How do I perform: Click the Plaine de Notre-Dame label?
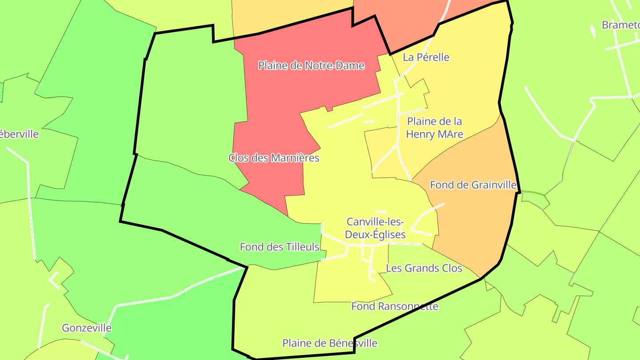coord(311,66)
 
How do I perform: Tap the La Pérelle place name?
coord(426,57)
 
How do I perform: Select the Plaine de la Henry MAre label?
coord(434,128)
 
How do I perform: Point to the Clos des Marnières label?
coord(274,158)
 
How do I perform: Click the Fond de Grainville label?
coord(473,185)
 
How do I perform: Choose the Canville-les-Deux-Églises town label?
coord(376,228)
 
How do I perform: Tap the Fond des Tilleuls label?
coord(280,247)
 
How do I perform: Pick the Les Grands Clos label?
coord(424,268)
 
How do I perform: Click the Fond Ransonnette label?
coord(395,306)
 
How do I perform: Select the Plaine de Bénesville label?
coord(330,343)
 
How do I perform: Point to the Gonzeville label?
coord(87,328)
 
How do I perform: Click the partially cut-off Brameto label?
coord(620,25)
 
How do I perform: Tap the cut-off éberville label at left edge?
coord(19,134)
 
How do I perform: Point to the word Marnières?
coord(297,158)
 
